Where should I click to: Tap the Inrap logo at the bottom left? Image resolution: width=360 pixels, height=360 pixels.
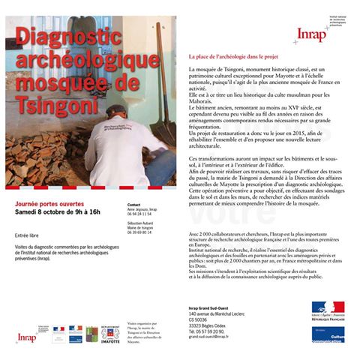26,337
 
